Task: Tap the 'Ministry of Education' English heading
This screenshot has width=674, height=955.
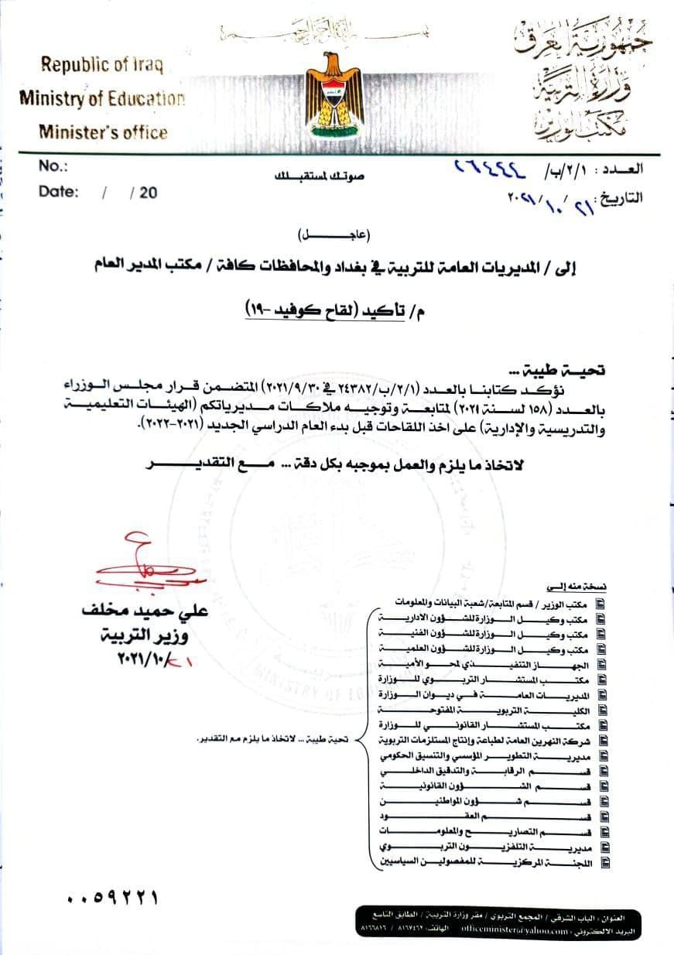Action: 102,98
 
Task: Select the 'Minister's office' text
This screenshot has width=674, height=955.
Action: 103,132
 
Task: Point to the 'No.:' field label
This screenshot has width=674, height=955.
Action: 53,166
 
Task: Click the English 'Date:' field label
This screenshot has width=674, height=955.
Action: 58,192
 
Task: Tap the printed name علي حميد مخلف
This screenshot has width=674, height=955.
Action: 145,611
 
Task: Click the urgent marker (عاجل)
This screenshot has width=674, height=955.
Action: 332,234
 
